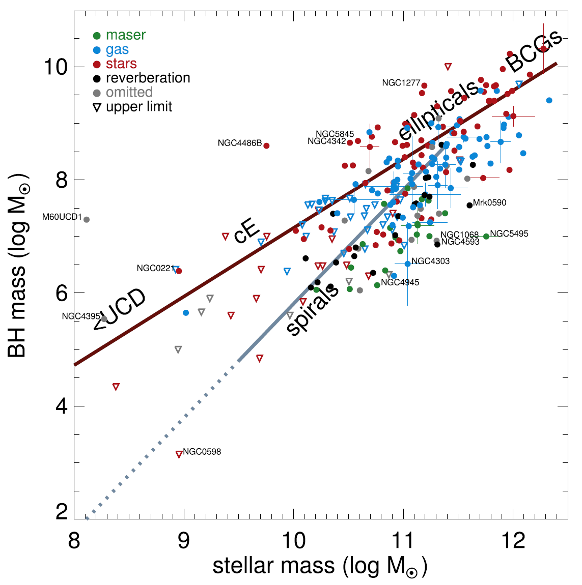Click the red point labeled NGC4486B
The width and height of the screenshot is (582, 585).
click(x=266, y=145)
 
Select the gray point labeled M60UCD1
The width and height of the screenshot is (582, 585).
click(x=87, y=219)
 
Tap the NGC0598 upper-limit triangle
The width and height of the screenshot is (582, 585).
click(x=179, y=454)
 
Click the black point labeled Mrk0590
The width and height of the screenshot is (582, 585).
click(x=469, y=205)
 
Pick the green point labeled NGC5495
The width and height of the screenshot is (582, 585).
click(x=486, y=236)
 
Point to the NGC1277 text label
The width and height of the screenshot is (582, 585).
click(x=401, y=82)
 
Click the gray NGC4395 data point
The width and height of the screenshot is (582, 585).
click(x=104, y=319)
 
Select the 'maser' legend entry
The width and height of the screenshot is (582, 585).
click(x=125, y=35)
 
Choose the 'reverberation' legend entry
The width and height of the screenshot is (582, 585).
click(x=148, y=78)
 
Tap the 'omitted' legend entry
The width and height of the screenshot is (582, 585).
click(x=129, y=92)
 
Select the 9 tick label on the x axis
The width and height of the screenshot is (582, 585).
click(x=183, y=540)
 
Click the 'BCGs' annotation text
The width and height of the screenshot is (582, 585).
click(x=535, y=51)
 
